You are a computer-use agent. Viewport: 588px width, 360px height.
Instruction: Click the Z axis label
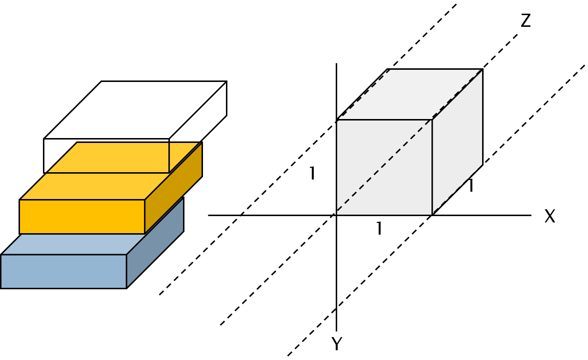coord(526,21)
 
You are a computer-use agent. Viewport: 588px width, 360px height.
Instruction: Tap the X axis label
coord(549,217)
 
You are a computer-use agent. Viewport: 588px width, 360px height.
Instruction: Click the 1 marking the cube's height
coord(312,174)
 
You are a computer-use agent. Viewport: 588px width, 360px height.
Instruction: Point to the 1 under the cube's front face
coord(379,229)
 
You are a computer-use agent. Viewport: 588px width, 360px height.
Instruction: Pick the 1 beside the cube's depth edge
coord(470,186)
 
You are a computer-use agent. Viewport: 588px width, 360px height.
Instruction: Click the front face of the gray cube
coord(384,167)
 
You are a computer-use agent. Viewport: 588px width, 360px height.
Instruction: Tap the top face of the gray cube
coord(409,94)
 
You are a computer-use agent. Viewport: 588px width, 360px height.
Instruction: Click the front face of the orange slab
coord(81,217)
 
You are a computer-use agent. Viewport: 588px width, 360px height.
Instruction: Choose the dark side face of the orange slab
coord(173,188)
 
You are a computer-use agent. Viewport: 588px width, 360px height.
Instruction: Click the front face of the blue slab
coord(63,271)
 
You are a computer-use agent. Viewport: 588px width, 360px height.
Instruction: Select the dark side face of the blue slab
coord(155,242)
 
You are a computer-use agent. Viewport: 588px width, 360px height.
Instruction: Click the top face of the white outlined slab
coord(135,110)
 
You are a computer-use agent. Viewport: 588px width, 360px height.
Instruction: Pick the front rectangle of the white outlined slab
coord(106,156)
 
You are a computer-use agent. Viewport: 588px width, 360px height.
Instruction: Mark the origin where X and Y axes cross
coord(336,215)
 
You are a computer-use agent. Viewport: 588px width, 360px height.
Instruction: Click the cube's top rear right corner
coord(483,69)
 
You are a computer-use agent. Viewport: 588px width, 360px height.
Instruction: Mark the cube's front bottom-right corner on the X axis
coord(432,215)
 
